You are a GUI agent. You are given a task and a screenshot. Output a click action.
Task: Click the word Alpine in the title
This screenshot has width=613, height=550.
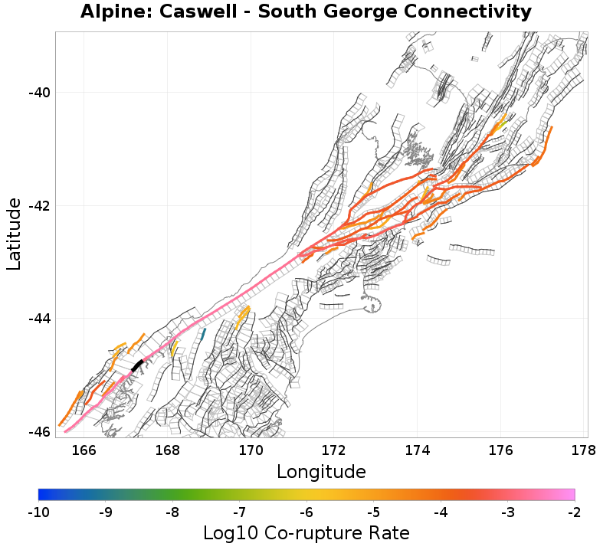click(113, 13)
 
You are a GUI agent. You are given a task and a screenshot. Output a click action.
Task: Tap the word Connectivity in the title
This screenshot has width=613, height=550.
click(468, 12)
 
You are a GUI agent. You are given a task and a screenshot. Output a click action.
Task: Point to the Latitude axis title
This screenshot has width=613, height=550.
click(14, 234)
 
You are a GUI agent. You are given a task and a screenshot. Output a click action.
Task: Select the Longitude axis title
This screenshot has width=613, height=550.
click(321, 470)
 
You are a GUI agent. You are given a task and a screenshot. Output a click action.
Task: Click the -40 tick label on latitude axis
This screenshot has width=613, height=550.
click(39, 93)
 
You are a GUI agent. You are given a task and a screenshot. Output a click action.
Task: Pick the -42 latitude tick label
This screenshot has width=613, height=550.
click(39, 206)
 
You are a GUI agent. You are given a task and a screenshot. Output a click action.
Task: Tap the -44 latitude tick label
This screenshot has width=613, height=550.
click(39, 319)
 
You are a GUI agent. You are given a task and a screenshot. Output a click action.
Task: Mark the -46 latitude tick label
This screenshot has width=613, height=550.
click(39, 431)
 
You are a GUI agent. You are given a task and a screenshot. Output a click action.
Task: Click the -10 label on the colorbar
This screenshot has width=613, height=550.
click(38, 512)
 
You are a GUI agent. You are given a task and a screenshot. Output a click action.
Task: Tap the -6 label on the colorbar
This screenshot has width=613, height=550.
click(306, 512)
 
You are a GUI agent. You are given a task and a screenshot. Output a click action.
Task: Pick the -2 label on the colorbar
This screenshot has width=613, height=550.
click(574, 512)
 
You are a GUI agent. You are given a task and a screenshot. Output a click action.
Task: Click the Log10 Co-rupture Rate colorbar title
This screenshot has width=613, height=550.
click(306, 532)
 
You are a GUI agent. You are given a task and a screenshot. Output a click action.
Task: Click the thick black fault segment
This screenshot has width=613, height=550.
click(137, 365)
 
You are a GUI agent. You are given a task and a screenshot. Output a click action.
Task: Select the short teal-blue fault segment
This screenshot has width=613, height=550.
click(202, 334)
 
